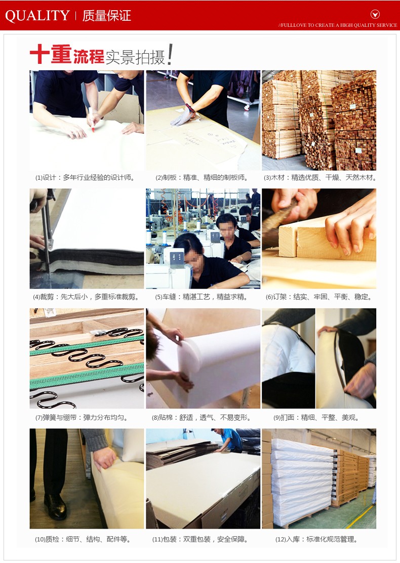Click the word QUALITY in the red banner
tap(37, 15)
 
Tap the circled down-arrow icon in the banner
tap(375, 14)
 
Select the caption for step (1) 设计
tap(85, 177)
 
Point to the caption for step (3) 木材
tap(319, 177)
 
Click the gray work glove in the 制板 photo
tap(183, 117)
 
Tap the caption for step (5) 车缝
tap(201, 297)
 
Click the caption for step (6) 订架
tap(319, 297)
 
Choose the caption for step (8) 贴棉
tap(202, 418)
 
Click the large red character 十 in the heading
tap(39, 55)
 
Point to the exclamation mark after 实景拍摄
tap(170, 54)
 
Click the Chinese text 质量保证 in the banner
tap(107, 16)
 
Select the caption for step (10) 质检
tap(83, 539)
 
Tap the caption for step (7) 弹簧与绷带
tap(82, 418)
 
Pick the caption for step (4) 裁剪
tap(86, 297)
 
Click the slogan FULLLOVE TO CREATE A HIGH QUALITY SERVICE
tap(338, 25)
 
